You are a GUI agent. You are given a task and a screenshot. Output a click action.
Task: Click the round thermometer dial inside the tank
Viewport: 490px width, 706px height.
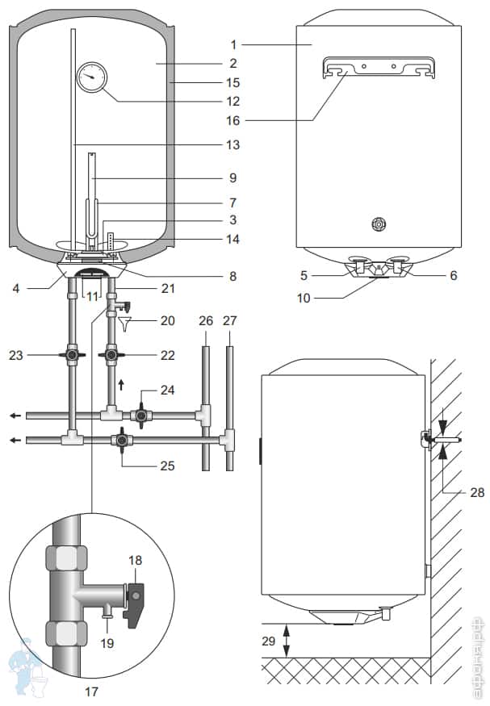[92, 79]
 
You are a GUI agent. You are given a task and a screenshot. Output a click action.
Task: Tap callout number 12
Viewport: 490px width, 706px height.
[232, 102]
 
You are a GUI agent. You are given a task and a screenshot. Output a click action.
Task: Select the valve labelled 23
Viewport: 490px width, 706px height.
[73, 353]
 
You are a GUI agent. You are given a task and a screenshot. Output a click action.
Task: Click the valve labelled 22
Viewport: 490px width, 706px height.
[111, 353]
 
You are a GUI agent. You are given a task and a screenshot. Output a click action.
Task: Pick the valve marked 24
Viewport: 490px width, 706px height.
[143, 416]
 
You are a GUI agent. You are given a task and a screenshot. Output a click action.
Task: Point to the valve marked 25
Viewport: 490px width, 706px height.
[121, 441]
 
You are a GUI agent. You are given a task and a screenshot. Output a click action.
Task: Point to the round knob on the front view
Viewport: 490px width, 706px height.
[376, 223]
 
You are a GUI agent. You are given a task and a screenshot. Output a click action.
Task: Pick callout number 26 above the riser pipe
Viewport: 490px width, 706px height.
[205, 321]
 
